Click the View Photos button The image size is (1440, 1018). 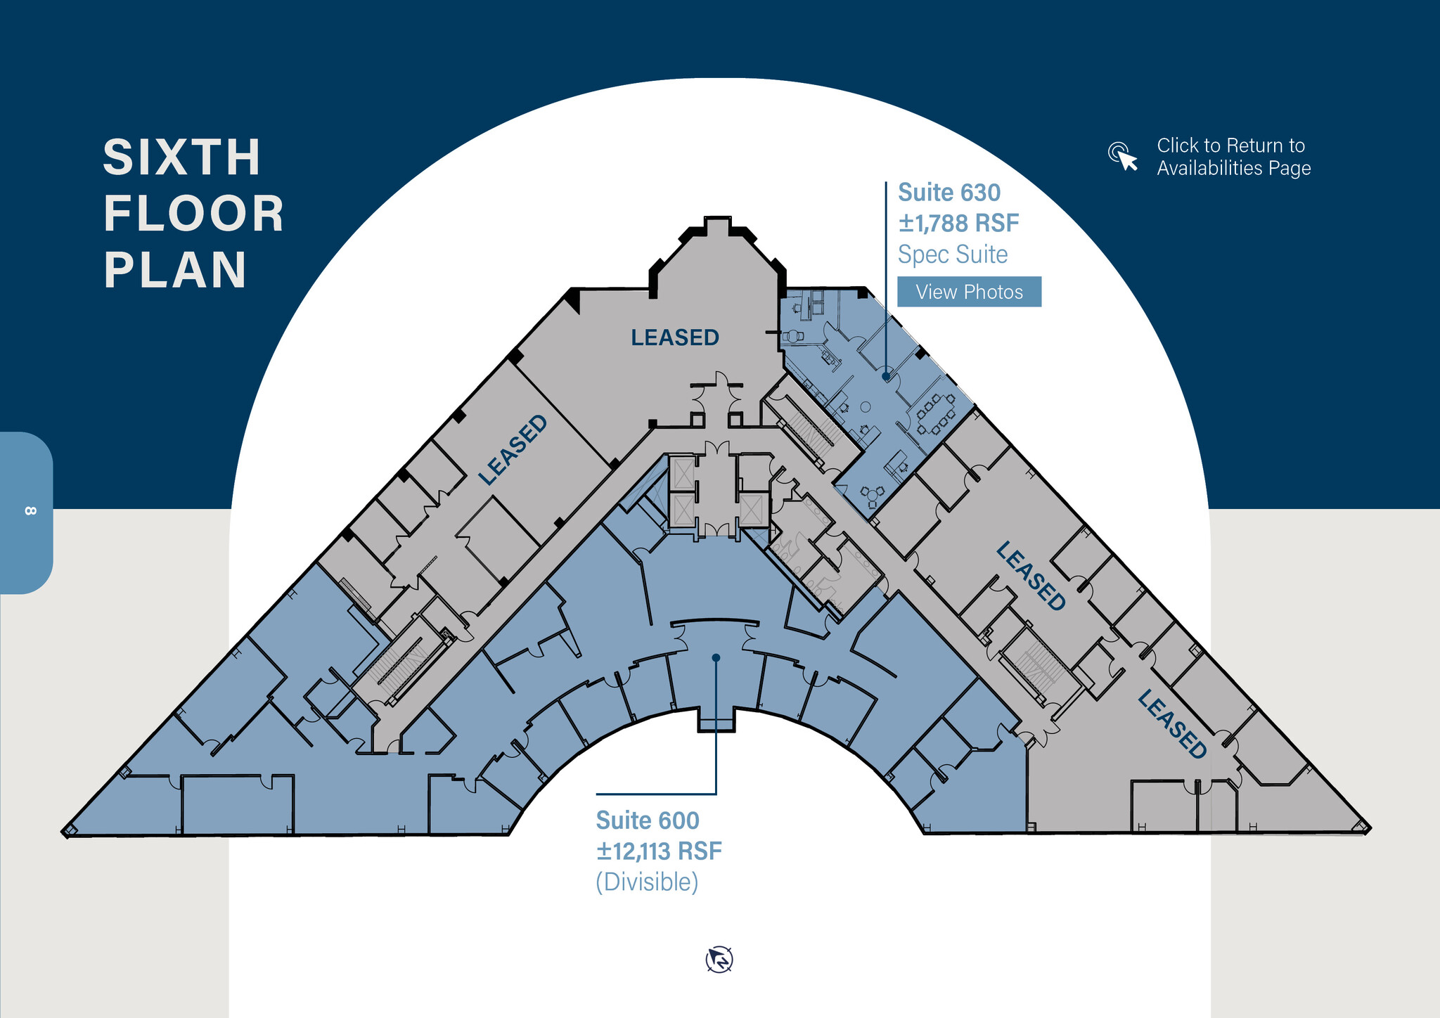(x=969, y=292)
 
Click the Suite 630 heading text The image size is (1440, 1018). (x=949, y=193)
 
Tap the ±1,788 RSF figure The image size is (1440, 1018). (x=958, y=224)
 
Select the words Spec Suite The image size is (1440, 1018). (x=953, y=254)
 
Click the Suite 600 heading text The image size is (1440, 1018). (x=648, y=820)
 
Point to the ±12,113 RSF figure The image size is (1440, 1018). (x=659, y=851)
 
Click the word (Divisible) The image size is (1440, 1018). (x=647, y=882)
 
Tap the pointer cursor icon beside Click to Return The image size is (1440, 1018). (x=1124, y=156)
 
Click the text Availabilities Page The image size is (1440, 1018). (x=1234, y=168)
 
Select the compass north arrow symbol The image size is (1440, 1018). (x=719, y=960)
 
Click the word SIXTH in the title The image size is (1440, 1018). (x=182, y=157)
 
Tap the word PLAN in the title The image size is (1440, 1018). (x=176, y=270)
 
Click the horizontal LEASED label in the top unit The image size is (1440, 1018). (x=675, y=337)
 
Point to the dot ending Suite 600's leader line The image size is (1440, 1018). (x=716, y=658)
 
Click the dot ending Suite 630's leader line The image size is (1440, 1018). (x=886, y=377)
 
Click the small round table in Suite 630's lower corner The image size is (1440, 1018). (x=873, y=495)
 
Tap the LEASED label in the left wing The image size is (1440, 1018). (x=513, y=450)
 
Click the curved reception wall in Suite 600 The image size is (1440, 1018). (x=714, y=621)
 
